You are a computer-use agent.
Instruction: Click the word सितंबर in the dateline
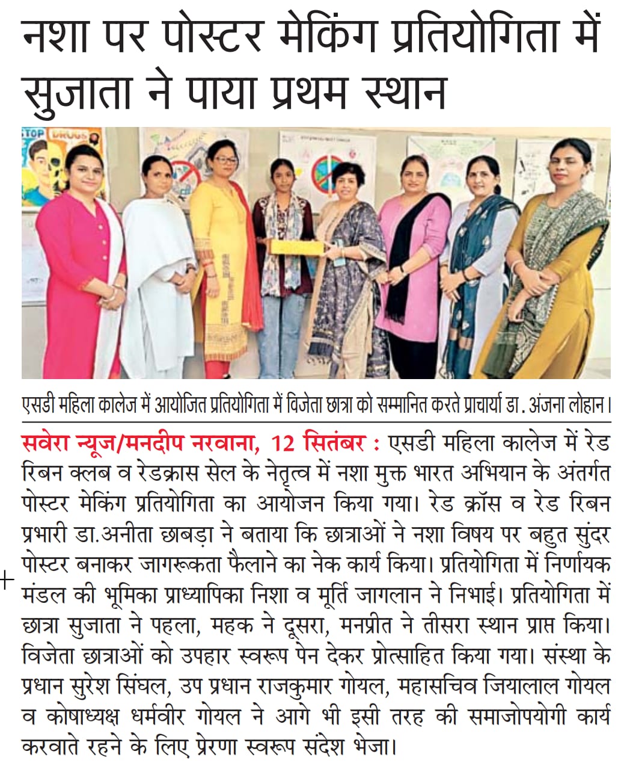coord(335,445)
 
